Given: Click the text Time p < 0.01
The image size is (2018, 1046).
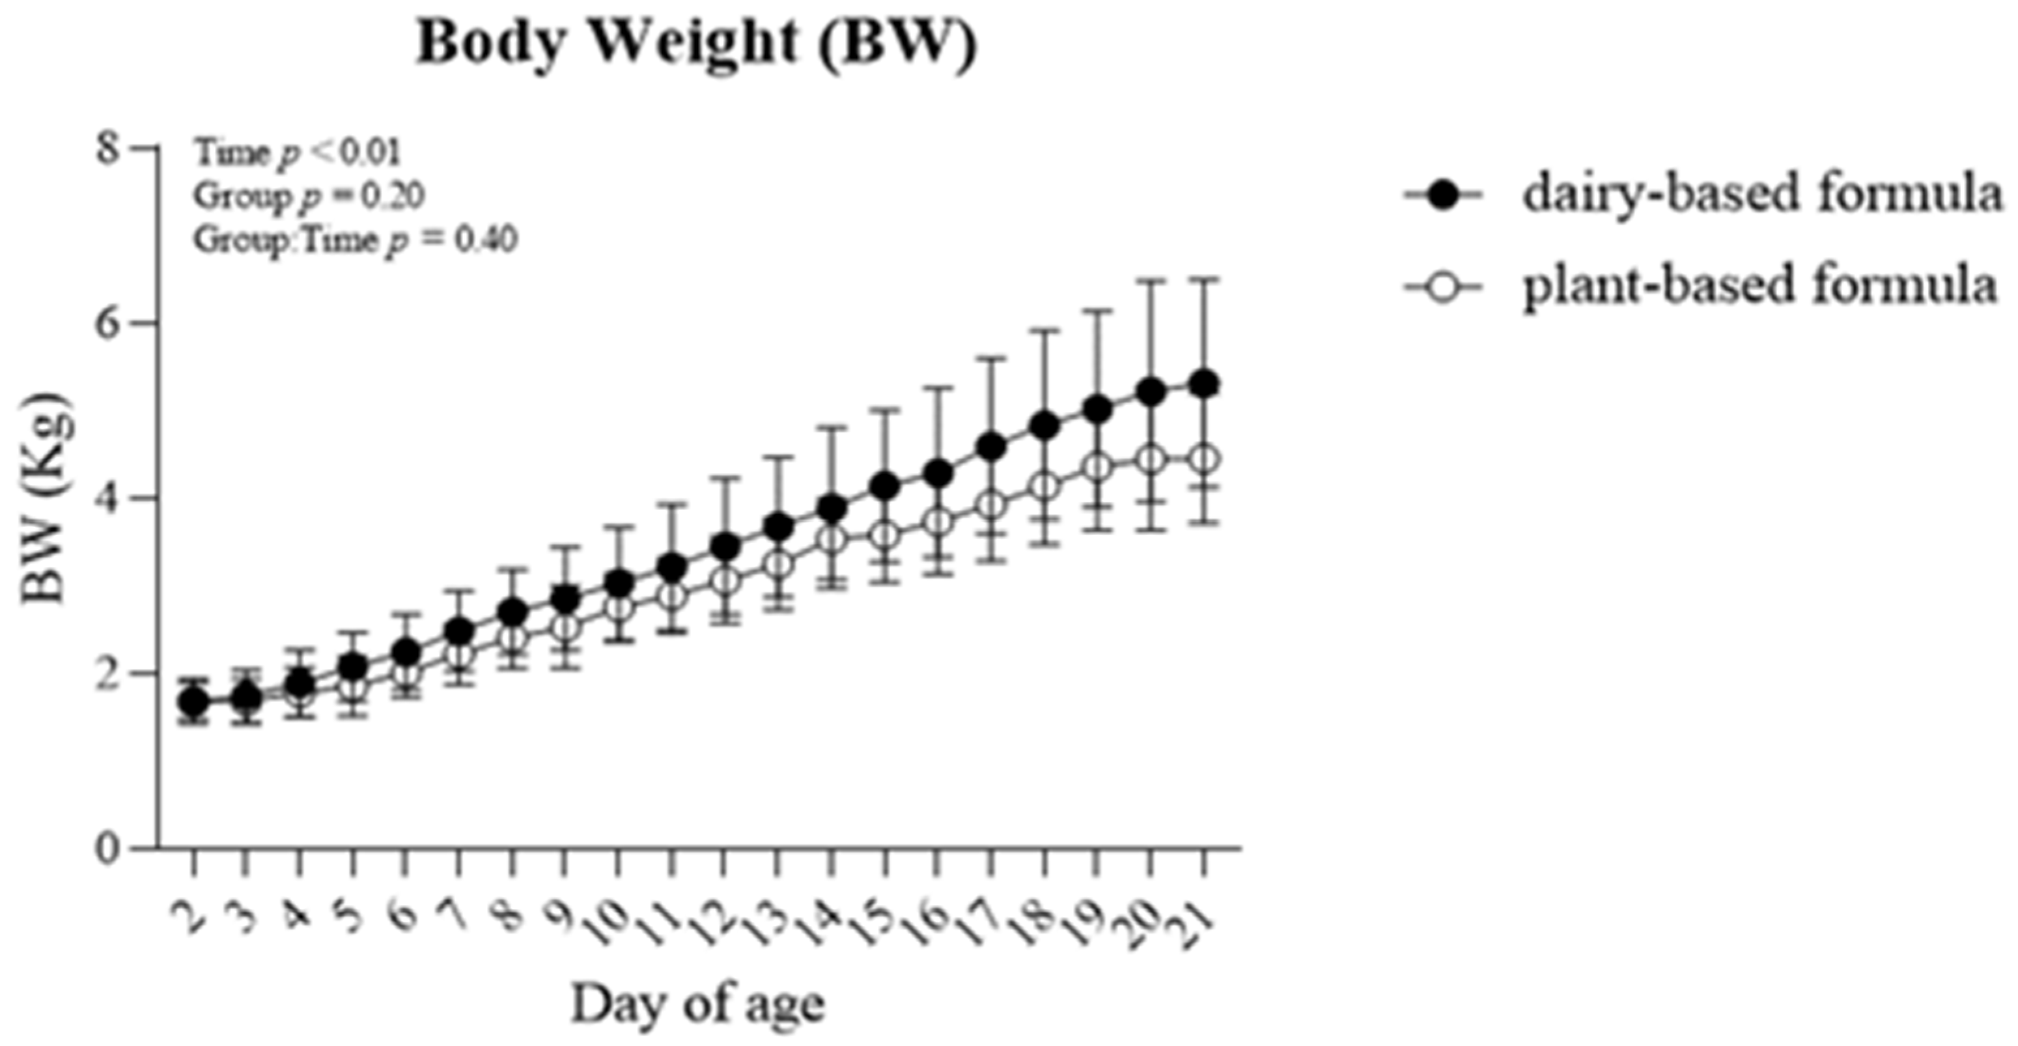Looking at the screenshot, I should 298,154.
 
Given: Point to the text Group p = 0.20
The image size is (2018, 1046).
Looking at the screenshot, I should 309,197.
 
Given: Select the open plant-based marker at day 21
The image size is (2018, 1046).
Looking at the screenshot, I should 1203,459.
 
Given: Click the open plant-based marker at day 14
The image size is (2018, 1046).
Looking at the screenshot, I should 832,539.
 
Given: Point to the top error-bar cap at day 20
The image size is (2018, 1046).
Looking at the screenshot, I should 1151,279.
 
